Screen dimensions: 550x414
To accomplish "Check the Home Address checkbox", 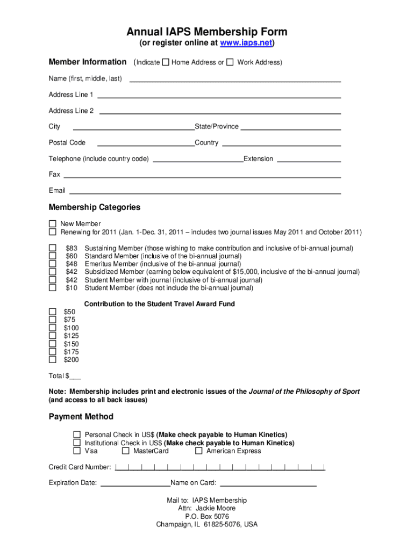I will pyautogui.click(x=166, y=62).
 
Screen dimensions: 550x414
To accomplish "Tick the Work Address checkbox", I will pyautogui.click(x=230, y=62).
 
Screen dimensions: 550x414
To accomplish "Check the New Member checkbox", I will pyautogui.click(x=53, y=224).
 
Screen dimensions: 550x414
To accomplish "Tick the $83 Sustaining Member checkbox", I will pyautogui.click(x=53, y=248).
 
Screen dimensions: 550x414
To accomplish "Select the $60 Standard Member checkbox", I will pyautogui.click(x=53, y=256).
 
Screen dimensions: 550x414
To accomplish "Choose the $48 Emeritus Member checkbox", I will pyautogui.click(x=53, y=264).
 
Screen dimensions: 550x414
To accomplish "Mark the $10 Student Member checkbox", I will pyautogui.click(x=53, y=288).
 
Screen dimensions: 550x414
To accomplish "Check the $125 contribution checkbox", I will pyautogui.click(x=53, y=336).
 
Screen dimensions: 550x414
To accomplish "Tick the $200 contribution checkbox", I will pyautogui.click(x=53, y=360).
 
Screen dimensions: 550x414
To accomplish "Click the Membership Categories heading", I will pyautogui.click(x=95, y=207).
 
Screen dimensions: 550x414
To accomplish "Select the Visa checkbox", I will pyautogui.click(x=77, y=451).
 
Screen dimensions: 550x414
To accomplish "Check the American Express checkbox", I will pyautogui.click(x=199, y=451).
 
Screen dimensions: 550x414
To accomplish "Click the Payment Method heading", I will pyautogui.click(x=81, y=417).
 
